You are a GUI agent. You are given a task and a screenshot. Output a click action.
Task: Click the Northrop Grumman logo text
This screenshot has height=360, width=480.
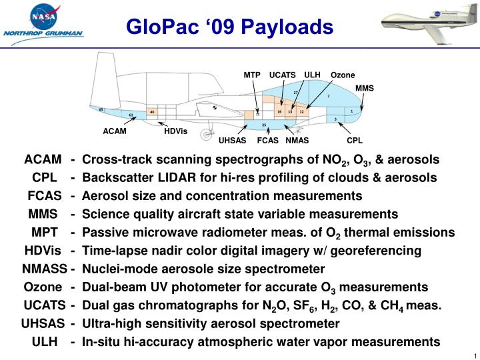pos(43,33)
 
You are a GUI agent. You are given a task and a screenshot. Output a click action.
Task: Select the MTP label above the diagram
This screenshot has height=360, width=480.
pos(251,75)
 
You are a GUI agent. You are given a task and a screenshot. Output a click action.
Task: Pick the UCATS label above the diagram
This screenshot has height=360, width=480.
pos(282,75)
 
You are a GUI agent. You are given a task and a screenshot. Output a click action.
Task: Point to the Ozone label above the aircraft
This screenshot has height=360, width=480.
pos(343,75)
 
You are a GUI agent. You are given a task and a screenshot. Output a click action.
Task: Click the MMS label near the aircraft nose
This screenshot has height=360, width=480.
pos(365,88)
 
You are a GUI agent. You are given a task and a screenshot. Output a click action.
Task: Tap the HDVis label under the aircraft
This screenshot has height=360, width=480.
pos(176,131)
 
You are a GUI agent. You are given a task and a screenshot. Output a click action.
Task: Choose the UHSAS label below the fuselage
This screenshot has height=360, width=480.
pos(233,141)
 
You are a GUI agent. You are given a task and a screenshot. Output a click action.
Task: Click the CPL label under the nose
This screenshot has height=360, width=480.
pos(354,141)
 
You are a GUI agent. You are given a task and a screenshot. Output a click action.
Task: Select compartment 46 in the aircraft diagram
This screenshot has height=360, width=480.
pos(152,112)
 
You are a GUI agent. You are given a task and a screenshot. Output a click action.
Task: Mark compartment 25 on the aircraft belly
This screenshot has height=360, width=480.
pos(264,125)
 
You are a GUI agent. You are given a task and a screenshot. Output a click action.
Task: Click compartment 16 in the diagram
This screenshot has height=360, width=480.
pos(279,112)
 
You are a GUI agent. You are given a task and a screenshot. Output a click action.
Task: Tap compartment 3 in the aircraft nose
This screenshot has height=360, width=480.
pos(335,119)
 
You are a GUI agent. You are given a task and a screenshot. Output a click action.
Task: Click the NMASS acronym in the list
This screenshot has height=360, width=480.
pos(44,269)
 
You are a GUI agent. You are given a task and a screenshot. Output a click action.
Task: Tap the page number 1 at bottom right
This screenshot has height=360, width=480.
pos(473,354)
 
